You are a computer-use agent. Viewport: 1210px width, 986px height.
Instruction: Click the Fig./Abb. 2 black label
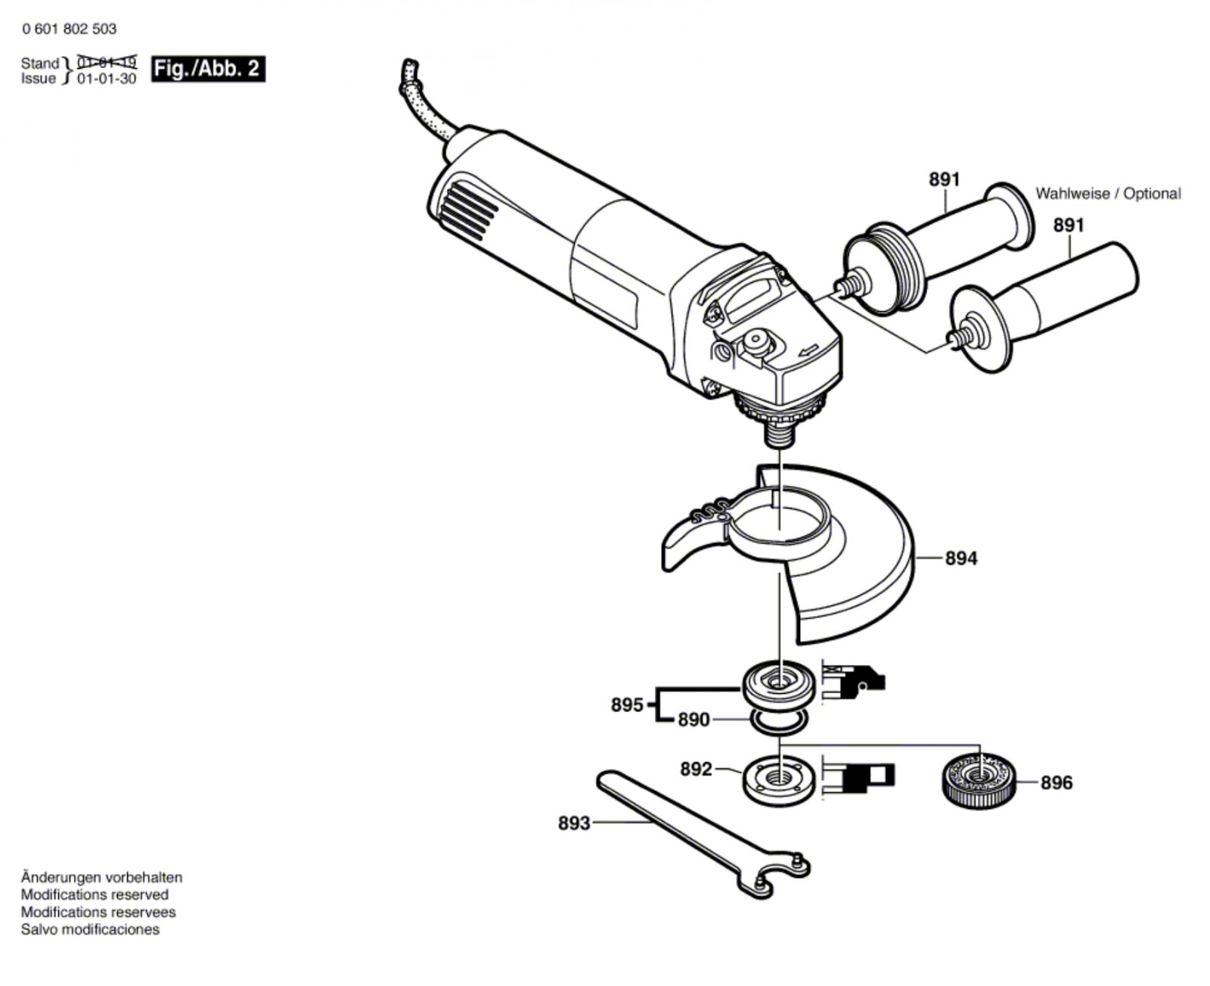(x=208, y=69)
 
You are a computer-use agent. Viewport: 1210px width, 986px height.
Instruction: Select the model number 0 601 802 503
(x=70, y=30)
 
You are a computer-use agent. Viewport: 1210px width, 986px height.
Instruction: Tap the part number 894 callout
(x=960, y=558)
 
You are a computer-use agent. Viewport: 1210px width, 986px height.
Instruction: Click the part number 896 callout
(x=1056, y=782)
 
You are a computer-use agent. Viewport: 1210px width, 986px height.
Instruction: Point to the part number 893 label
(x=574, y=823)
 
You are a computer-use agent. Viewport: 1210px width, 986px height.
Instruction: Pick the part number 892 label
(x=696, y=770)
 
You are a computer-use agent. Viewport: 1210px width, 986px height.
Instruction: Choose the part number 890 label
(x=693, y=720)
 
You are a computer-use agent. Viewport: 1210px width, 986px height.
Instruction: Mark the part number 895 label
(x=627, y=705)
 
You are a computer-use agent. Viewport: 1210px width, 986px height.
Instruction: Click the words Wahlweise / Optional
(x=1107, y=194)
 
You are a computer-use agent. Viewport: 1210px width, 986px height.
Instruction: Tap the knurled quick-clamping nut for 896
(x=979, y=781)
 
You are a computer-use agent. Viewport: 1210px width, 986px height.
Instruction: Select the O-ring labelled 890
(x=777, y=723)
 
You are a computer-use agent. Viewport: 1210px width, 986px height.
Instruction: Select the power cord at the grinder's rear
(x=423, y=106)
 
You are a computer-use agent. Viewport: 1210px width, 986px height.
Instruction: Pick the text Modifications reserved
(x=95, y=894)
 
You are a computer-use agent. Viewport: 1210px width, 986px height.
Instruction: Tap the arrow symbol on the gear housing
(x=808, y=350)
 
